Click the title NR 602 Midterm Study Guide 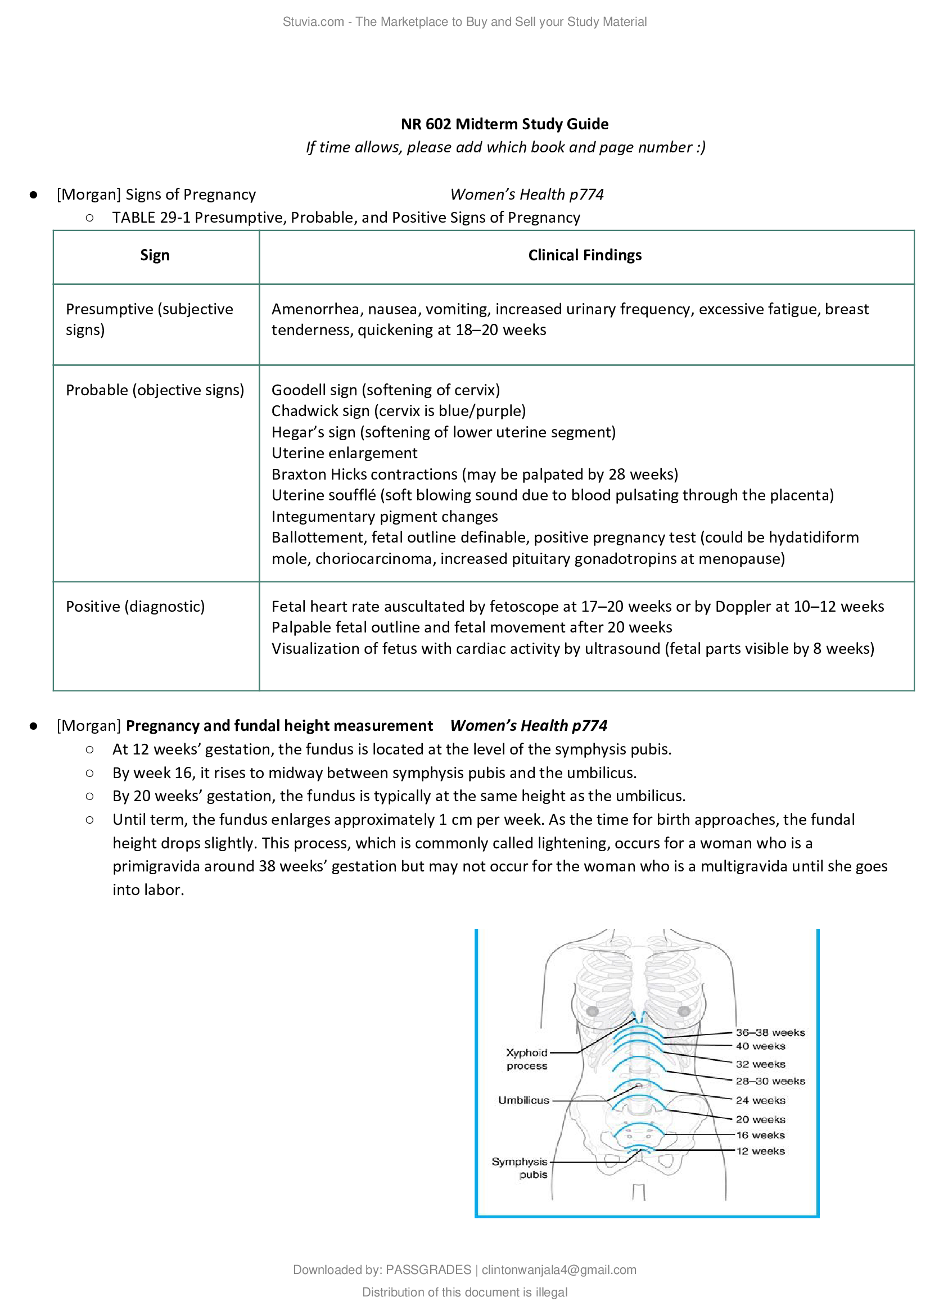[504, 124]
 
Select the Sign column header [155, 255]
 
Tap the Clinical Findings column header [585, 255]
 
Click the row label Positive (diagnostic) [135, 606]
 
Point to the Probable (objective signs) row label [155, 390]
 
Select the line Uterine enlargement [344, 453]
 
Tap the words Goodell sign [314, 390]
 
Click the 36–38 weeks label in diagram [770, 1032]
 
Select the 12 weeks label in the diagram [760, 1151]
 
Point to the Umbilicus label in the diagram [523, 1100]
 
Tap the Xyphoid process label [527, 1059]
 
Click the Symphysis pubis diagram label [520, 1168]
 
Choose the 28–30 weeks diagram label [770, 1081]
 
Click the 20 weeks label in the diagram [760, 1119]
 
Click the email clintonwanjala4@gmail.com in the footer [558, 1270]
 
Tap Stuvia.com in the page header [313, 22]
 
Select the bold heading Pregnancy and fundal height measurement [279, 725]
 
